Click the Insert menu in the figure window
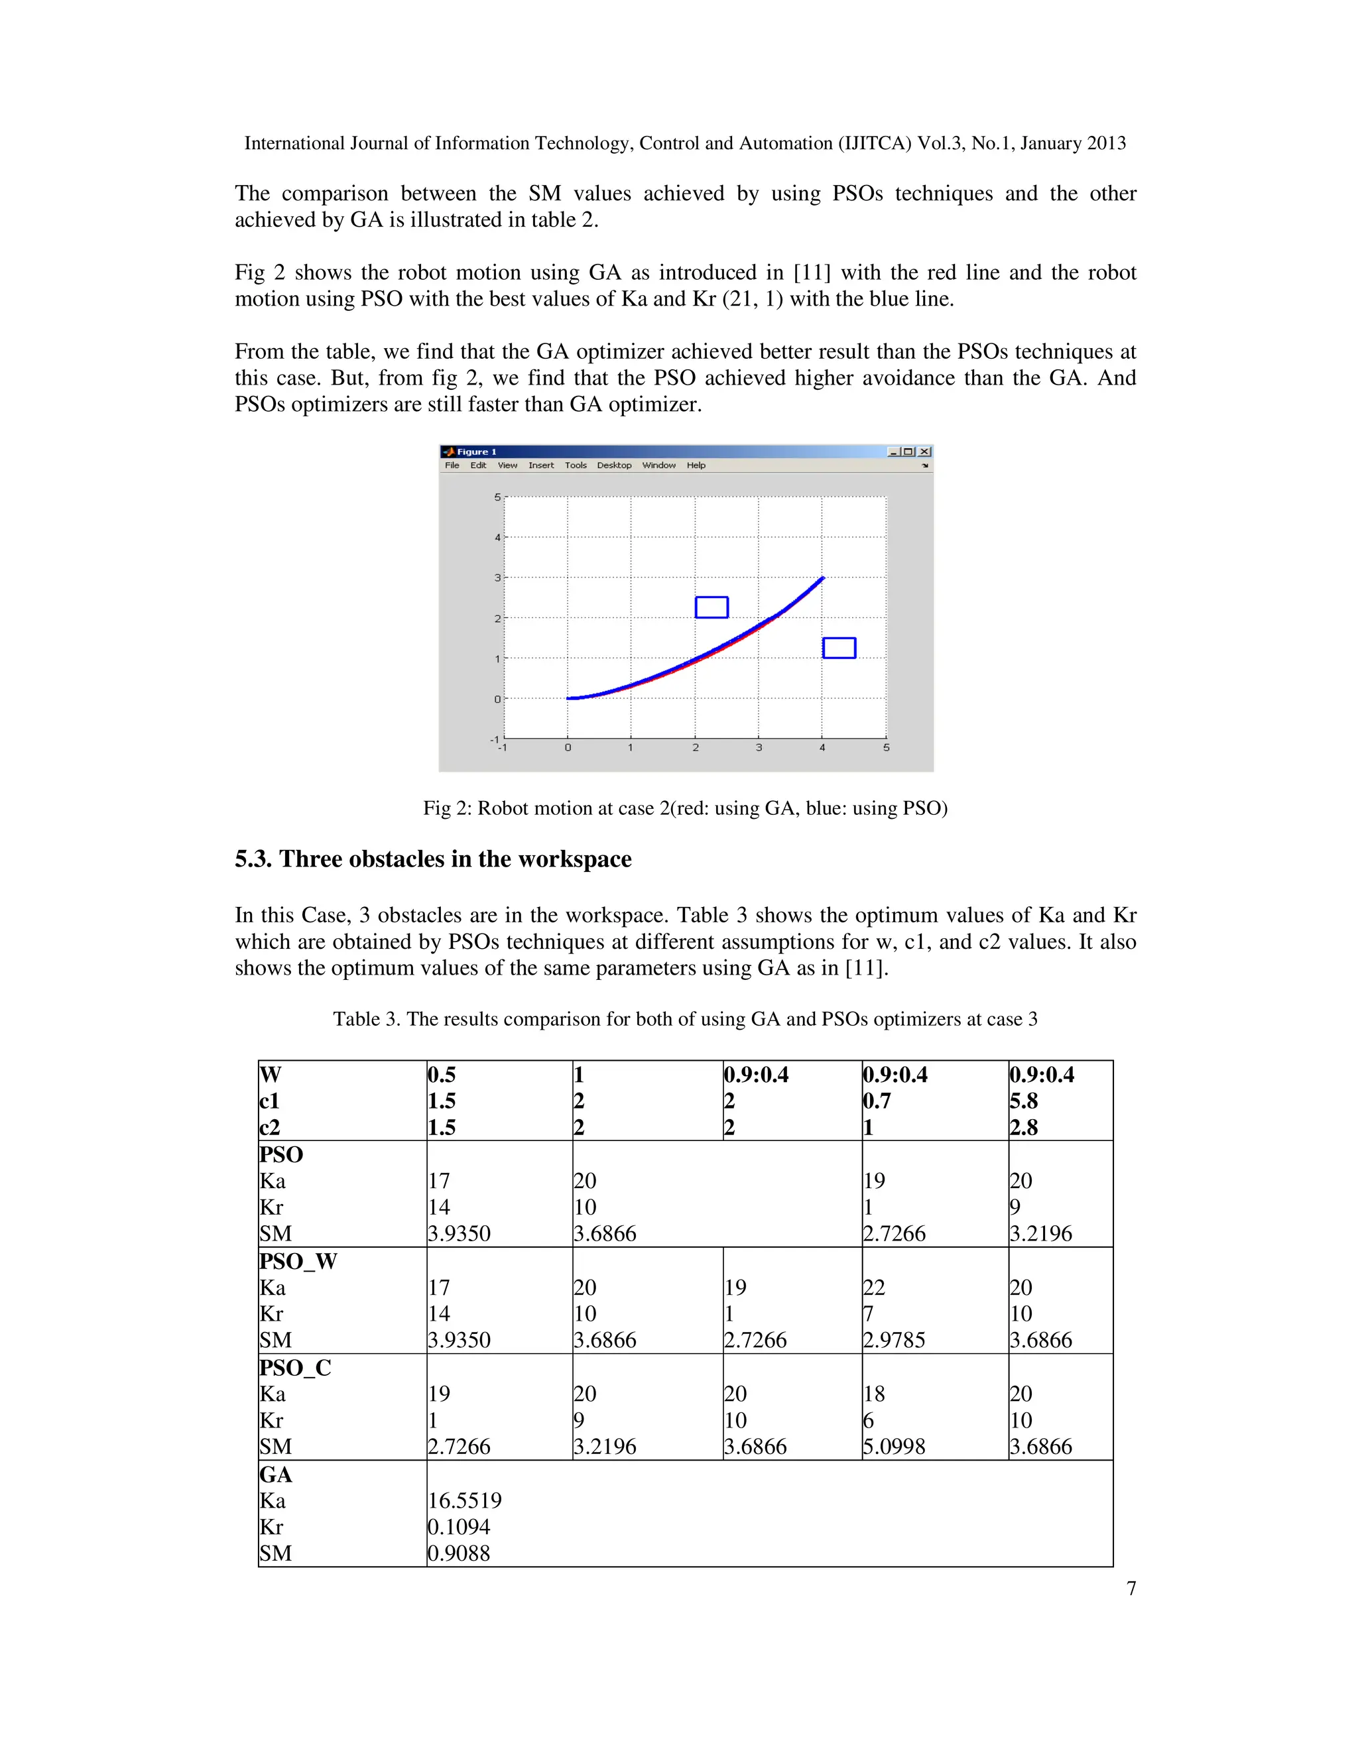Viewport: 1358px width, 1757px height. pos(540,465)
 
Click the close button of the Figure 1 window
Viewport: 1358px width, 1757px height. pos(925,452)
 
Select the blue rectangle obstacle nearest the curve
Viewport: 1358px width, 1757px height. pos(711,607)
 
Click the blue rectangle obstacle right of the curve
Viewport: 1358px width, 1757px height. pos(839,648)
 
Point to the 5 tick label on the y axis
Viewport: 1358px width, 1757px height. pos(497,497)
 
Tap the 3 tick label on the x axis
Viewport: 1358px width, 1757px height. pos(759,747)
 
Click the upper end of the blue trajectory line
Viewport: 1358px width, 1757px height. pos(822,577)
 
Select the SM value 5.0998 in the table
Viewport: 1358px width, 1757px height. pos(894,1447)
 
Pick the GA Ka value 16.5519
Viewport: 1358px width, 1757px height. pos(464,1500)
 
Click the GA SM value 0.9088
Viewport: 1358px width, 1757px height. pos(459,1553)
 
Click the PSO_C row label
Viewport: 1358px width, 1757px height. pos(294,1368)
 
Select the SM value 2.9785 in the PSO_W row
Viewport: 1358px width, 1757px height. pos(894,1340)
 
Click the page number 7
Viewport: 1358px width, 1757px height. pos(1131,1588)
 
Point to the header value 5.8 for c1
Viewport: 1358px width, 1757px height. pos(1023,1101)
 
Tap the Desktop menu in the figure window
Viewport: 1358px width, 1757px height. pos(614,465)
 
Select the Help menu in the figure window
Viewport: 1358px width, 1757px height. pos(696,465)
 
